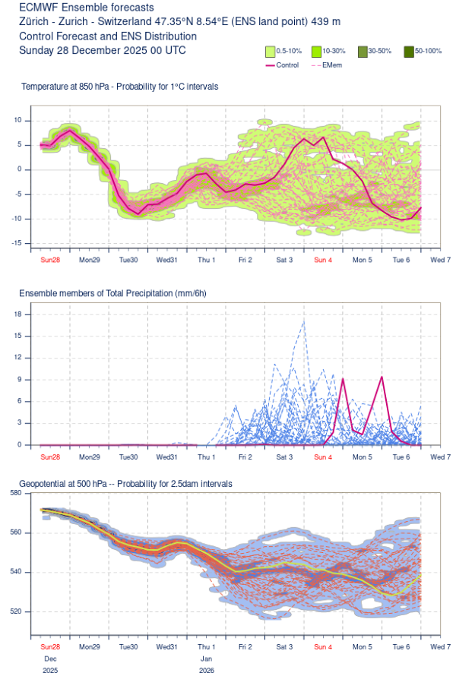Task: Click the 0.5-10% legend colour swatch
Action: (270, 51)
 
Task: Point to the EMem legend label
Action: (333, 65)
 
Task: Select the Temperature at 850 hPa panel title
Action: (119, 87)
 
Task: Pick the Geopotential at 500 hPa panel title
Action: (125, 483)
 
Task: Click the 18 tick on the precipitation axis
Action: (24, 314)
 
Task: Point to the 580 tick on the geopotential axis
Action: (22, 494)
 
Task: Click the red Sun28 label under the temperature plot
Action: (49, 260)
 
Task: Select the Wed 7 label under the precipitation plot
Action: (440, 457)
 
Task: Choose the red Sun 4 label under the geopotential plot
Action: (323, 647)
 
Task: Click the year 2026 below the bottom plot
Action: (207, 670)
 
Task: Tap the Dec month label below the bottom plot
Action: (49, 659)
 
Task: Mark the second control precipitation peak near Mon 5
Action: (382, 377)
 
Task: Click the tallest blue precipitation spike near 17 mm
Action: (304, 321)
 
